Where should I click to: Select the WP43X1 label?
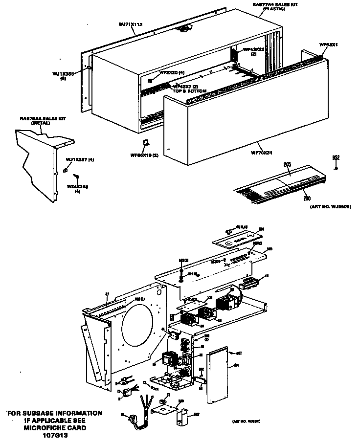pos(328,44)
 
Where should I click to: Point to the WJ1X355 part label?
pos(63,74)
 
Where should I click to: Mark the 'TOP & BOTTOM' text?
pos(189,91)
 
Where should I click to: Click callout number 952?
pos(336,157)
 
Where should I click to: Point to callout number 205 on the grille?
pos(287,165)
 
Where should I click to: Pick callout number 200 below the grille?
pos(307,199)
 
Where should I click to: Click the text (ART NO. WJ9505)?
pos(331,207)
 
